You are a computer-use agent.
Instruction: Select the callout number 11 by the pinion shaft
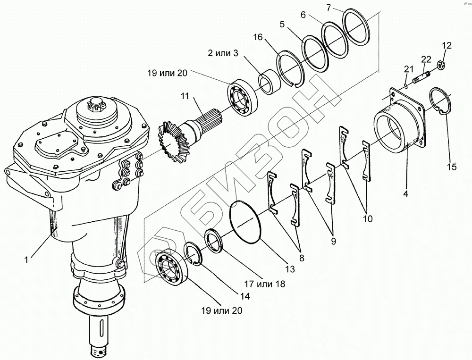click(185, 97)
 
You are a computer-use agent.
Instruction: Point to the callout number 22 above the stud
click(426, 59)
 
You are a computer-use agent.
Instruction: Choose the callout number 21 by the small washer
click(407, 70)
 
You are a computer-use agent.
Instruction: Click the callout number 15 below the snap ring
click(451, 167)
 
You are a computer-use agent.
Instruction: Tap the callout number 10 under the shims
click(368, 218)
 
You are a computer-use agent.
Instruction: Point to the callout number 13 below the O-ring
click(289, 269)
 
